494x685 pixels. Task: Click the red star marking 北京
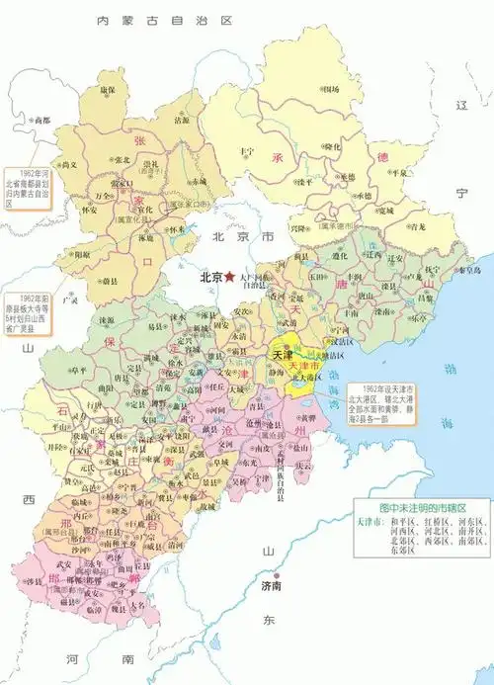[230, 278]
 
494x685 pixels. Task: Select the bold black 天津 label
[284, 353]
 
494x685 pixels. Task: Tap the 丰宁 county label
[247, 150]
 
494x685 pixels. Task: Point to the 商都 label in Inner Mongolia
[41, 120]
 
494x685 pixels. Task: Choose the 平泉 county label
[401, 172]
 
